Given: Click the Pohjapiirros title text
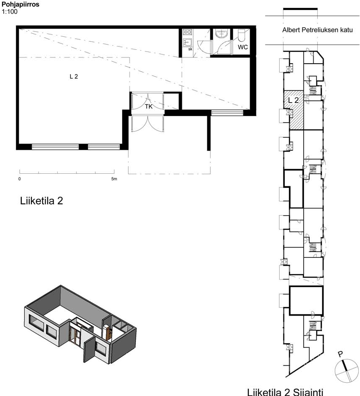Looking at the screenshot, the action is (x=20, y=4).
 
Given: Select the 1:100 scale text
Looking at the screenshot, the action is (x=10, y=12).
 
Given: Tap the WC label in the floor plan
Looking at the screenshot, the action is (x=243, y=47).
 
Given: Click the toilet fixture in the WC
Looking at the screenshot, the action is (x=241, y=35).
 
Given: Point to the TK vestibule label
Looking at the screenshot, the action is (x=148, y=107).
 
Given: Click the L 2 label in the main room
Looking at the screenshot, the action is (x=74, y=76).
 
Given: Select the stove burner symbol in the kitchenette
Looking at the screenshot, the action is (x=187, y=32).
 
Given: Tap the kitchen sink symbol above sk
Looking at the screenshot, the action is (x=187, y=42).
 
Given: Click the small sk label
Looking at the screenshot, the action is (x=190, y=49).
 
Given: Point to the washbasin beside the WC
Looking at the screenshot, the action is (x=222, y=33).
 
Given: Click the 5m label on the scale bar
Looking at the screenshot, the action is (x=114, y=179).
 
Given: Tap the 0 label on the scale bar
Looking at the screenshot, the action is (x=19, y=179).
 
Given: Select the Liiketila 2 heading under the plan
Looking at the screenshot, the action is (x=41, y=201).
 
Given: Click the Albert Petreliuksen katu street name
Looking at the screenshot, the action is (x=317, y=30).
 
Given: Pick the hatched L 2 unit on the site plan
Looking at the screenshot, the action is (x=294, y=110).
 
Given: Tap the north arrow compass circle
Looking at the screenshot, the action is (x=347, y=370).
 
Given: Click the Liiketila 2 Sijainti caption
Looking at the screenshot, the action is (x=285, y=392).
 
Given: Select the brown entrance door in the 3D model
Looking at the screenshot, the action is (x=75, y=335).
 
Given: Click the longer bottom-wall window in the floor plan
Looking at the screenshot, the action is (x=55, y=147).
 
